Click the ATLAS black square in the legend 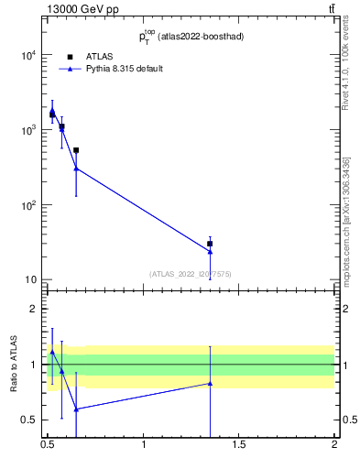click(x=70, y=57)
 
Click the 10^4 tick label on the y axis click(x=28, y=55)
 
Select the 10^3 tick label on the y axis click(x=28, y=130)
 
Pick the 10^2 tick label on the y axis click(x=28, y=205)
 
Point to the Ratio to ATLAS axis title click(x=14, y=365)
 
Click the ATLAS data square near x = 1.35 click(x=210, y=244)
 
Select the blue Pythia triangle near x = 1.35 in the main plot click(x=210, y=251)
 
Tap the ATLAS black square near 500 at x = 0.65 click(x=76, y=150)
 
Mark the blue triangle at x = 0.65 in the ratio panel click(x=76, y=409)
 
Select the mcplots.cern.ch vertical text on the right click(x=346, y=220)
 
